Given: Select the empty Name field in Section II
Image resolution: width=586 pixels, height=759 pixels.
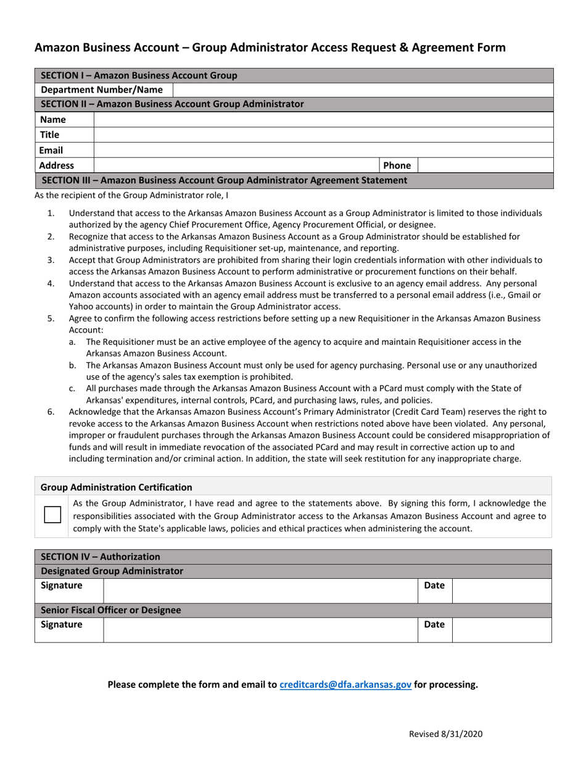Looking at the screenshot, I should [x=323, y=120].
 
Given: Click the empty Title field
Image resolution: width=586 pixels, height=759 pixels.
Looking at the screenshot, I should [x=323, y=135].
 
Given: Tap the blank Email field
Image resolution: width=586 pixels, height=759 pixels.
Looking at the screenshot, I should [x=323, y=150].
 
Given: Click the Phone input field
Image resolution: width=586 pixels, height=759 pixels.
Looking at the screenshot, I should [x=485, y=165].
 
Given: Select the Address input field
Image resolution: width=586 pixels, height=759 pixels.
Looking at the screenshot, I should [x=236, y=165].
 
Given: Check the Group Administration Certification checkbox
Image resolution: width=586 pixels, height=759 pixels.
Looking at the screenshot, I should [x=53, y=515].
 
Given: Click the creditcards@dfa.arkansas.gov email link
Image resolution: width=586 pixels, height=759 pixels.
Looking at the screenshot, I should [x=345, y=684].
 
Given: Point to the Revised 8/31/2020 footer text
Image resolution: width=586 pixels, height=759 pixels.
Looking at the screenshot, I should [x=446, y=734].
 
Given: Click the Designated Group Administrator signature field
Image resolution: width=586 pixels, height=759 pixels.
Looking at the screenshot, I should [x=260, y=591].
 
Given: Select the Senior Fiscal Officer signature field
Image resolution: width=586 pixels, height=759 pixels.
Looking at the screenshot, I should [x=260, y=630].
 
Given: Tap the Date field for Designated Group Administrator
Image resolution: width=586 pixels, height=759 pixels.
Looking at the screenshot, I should [x=501, y=591].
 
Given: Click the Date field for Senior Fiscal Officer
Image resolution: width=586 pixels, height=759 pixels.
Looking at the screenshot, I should [x=501, y=630].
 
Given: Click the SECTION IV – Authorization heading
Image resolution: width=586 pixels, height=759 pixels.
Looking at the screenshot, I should [x=101, y=557].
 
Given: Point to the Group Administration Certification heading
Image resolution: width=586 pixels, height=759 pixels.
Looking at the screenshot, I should [x=116, y=487].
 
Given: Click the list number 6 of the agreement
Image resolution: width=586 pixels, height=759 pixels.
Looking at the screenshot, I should [x=51, y=412].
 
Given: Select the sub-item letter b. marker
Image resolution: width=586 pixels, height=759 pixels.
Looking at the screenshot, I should [x=73, y=365].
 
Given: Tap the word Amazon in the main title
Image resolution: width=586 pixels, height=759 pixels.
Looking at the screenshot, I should [x=57, y=48].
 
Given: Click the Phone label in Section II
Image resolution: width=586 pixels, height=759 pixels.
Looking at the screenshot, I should [x=397, y=165].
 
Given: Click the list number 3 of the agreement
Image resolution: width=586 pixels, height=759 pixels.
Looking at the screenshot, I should [x=51, y=260].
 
